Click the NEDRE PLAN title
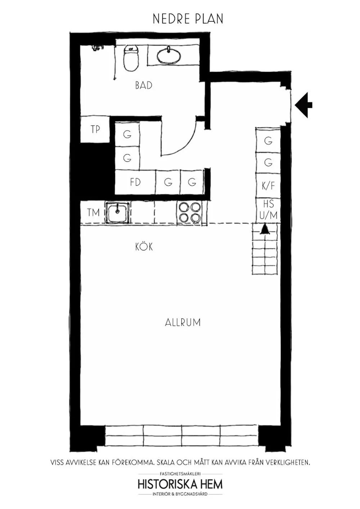coord(188,19)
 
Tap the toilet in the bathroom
coord(131,58)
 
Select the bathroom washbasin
coord(168,55)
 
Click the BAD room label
coord(144,86)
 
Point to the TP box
coord(95,129)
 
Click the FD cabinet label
coord(135,182)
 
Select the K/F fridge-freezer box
coord(268,186)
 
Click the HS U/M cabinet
coord(268,210)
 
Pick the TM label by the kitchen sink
coord(93,213)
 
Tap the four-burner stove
coord(190,213)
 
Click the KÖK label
coord(144,247)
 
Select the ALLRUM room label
coord(183,322)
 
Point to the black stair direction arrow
coord(265,229)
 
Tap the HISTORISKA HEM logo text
coord(180,484)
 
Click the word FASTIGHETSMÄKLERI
coord(180,474)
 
